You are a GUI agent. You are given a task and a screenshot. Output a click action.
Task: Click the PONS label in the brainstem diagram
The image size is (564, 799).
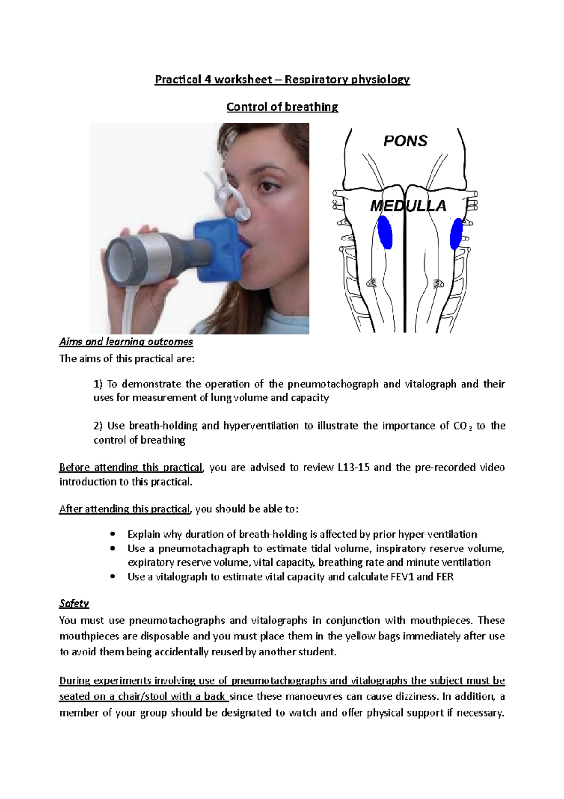pos(405,141)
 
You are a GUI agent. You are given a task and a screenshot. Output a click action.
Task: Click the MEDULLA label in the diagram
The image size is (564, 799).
pos(407,206)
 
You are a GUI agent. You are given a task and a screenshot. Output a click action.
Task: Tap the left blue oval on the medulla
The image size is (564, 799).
pos(385,232)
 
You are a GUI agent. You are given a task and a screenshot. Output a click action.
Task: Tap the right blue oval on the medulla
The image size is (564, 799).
pos(456,234)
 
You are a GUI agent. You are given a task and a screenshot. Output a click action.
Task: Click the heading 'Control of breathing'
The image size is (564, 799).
pos(282,107)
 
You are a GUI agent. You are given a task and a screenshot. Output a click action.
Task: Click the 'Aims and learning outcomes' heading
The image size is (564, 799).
pos(126,342)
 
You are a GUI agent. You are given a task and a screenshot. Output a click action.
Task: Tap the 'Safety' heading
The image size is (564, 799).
pos(74,603)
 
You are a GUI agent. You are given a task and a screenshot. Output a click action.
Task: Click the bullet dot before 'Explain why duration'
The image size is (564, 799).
pos(112,534)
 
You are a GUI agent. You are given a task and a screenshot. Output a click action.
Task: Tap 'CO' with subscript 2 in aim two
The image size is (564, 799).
pos(462,426)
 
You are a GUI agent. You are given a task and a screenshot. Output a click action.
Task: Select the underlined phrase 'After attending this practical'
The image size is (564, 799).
pos(125,509)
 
